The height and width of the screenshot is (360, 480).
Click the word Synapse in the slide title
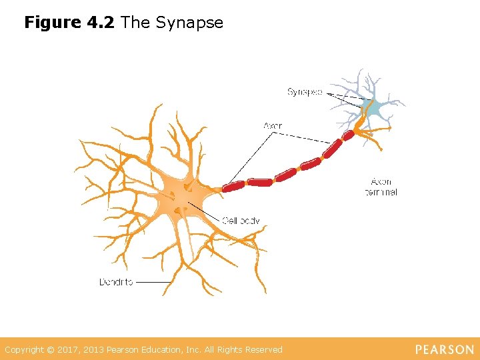click(189, 23)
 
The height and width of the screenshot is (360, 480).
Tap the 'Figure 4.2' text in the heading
click(71, 23)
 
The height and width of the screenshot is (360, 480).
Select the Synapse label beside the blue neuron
click(305, 92)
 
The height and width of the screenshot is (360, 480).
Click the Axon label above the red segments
click(273, 125)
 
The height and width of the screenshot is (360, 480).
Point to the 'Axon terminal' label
click(381, 187)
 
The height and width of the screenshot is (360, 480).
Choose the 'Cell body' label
click(241, 221)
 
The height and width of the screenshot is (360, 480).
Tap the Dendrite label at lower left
click(116, 282)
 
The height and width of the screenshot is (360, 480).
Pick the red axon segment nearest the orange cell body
click(233, 186)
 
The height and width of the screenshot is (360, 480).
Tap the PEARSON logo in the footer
click(445, 350)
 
